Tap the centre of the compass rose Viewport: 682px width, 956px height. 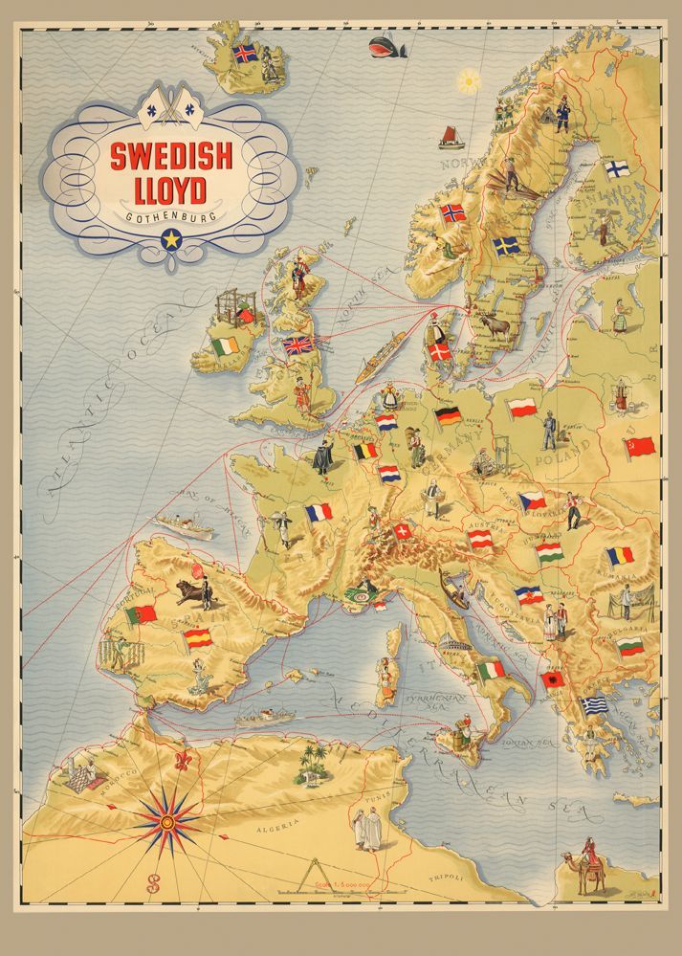(x=167, y=822)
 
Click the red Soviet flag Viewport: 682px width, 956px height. (x=639, y=446)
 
